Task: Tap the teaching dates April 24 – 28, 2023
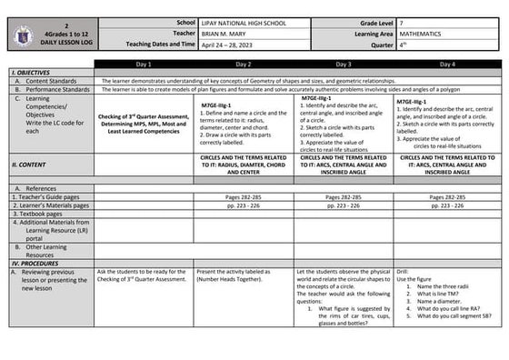click(232, 44)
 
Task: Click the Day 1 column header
click(144, 65)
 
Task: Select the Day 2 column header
click(244, 65)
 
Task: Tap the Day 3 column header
click(344, 65)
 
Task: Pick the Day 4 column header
click(445, 65)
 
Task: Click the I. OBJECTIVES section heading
click(29, 73)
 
